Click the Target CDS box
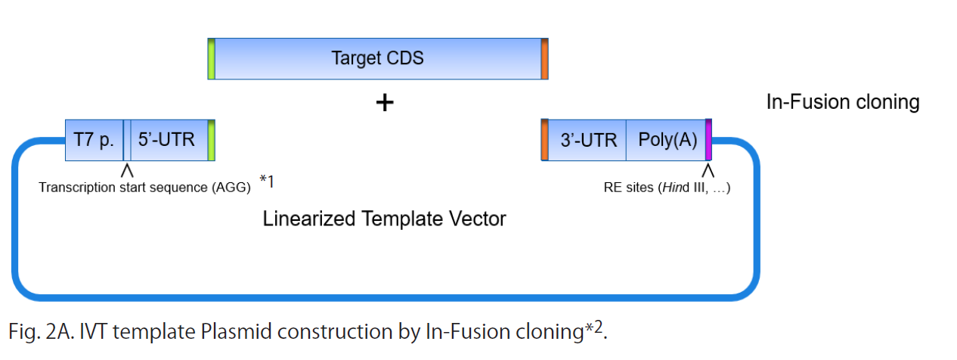point(378,58)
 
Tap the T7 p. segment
point(94,140)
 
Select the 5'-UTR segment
point(169,140)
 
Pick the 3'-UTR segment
point(587,140)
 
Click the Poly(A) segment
point(666,140)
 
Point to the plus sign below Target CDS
point(385,103)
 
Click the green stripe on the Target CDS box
point(212,58)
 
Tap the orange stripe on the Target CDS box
point(545,58)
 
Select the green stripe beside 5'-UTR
point(212,140)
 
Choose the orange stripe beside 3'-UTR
point(545,140)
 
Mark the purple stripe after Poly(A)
point(709,140)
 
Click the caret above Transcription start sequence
point(127,171)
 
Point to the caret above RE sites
point(708,171)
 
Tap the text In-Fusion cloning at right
point(843,102)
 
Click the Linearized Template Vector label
point(384,219)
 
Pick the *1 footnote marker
point(267,182)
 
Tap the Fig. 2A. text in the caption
point(42,332)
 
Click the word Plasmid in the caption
point(236,332)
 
